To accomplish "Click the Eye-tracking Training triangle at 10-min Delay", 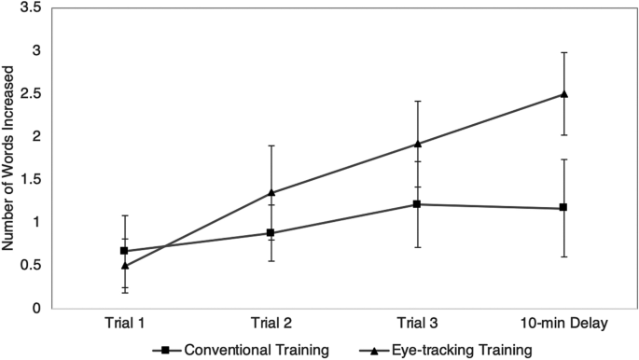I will click(564, 93).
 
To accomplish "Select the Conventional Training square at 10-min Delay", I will click(564, 208).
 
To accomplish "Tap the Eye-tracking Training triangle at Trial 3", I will click(418, 144).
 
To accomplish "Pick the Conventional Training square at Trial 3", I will click(418, 204).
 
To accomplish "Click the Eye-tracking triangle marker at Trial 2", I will click(271, 193).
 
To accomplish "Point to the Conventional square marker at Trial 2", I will click(271, 233).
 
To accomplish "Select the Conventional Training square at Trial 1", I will click(125, 251).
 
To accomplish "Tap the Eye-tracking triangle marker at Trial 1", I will click(125, 265).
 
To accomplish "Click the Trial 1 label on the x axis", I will click(125, 324).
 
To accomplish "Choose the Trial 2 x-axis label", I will click(271, 324).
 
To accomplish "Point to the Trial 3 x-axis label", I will click(418, 324).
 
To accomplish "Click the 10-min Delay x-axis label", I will click(564, 324).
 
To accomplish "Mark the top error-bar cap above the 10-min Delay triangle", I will click(564, 52).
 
